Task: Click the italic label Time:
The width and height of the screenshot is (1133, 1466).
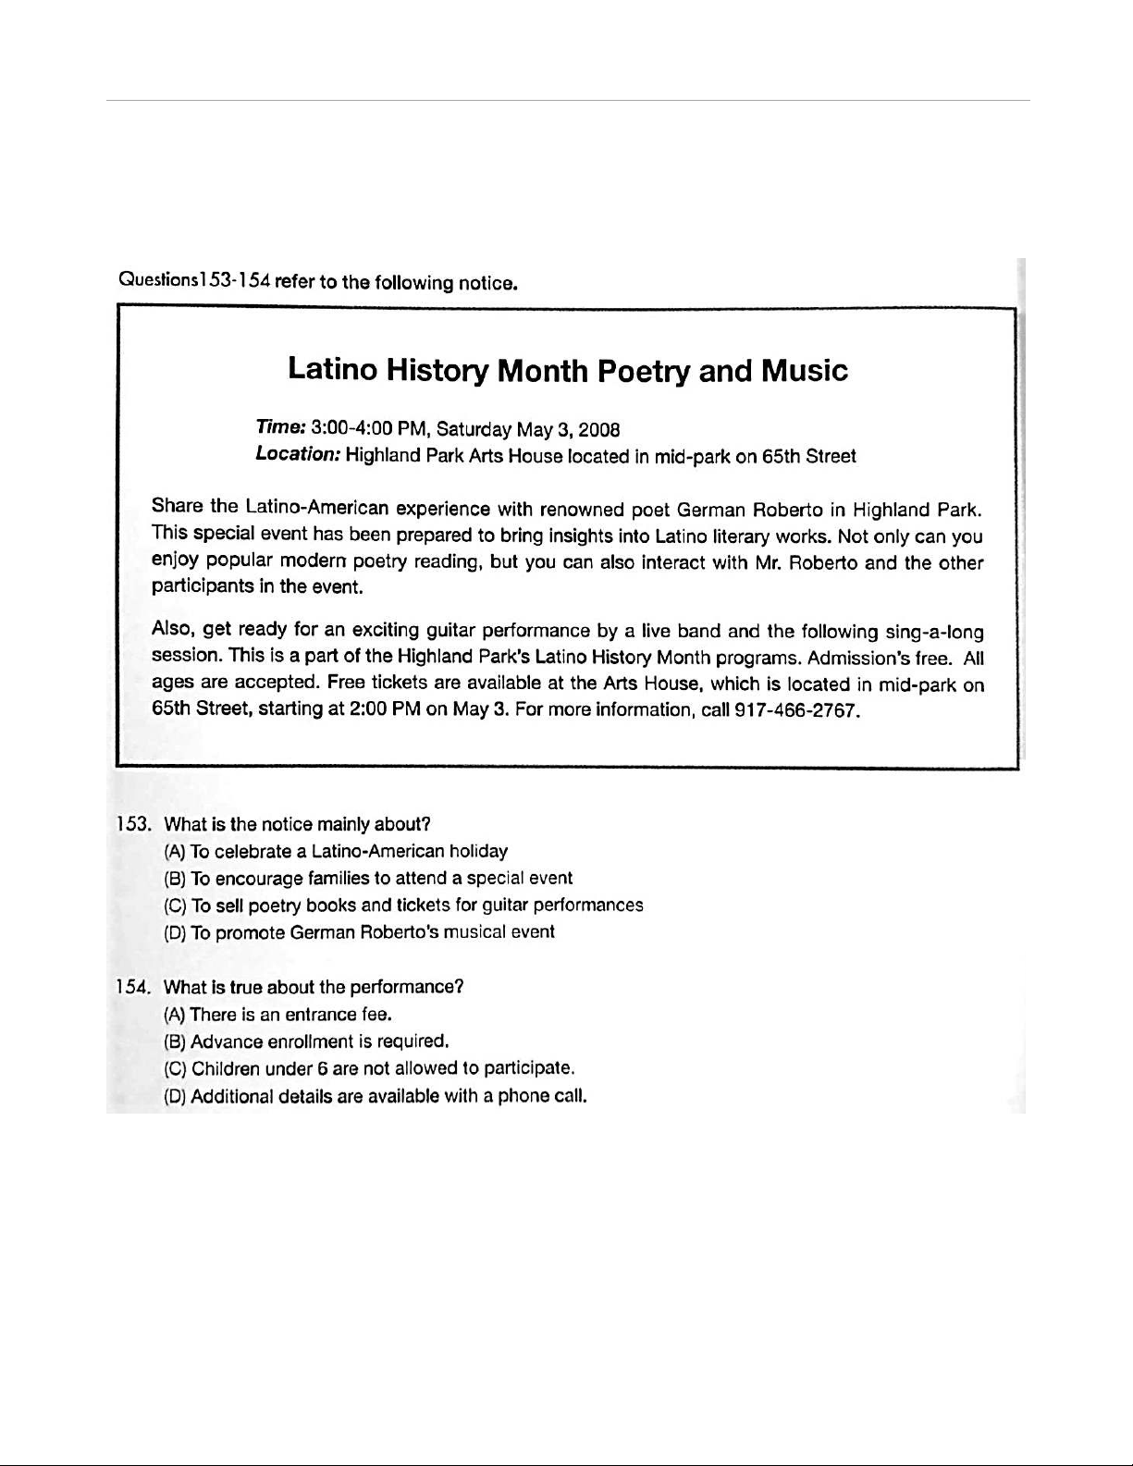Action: click(x=281, y=428)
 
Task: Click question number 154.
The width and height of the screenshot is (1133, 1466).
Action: click(x=133, y=987)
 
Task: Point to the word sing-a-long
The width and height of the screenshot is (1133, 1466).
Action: click(x=934, y=633)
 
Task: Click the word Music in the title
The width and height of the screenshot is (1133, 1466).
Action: click(x=804, y=371)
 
